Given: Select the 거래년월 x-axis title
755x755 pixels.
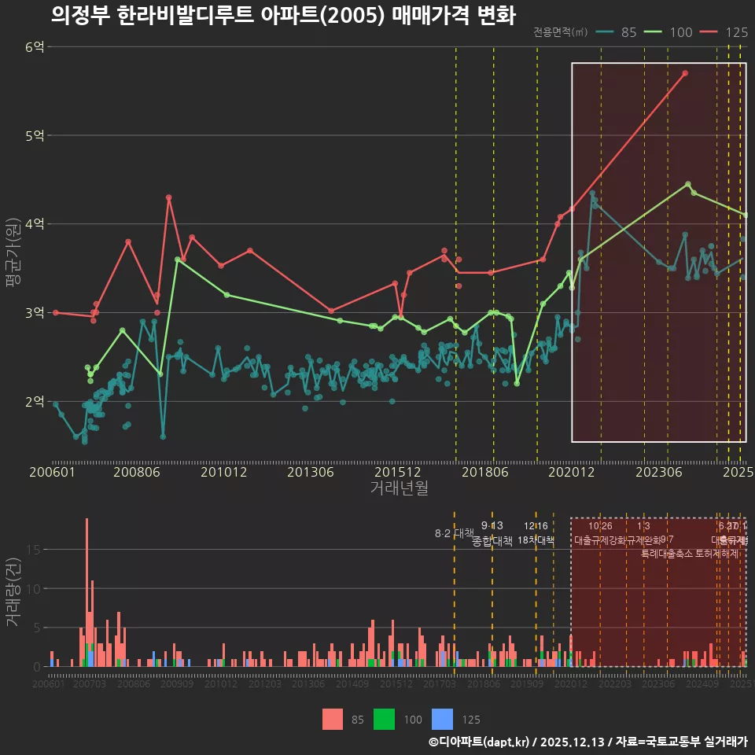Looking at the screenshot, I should [x=399, y=488].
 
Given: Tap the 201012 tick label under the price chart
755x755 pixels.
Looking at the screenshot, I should [x=224, y=473].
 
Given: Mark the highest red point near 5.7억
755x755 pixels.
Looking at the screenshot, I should [x=685, y=73].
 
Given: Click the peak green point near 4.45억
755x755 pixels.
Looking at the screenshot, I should [x=688, y=184].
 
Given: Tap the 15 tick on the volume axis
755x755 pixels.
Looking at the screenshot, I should [x=35, y=550].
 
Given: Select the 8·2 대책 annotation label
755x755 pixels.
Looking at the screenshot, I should [x=449, y=533].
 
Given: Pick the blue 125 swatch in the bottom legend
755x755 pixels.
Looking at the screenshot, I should [x=444, y=719].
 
